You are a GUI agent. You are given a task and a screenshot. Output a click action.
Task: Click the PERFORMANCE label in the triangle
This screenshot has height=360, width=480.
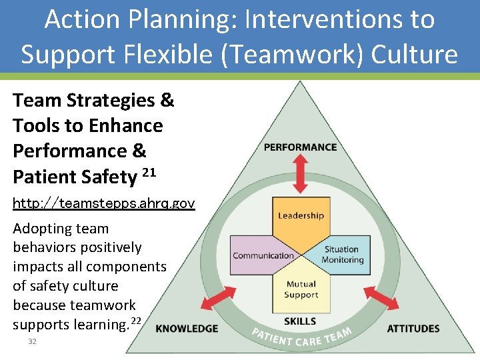(x=301, y=147)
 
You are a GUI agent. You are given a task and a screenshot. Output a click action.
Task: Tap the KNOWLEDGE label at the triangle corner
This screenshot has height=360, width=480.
(x=187, y=328)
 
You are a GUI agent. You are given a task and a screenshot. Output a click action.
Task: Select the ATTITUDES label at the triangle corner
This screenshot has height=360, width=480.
(x=413, y=328)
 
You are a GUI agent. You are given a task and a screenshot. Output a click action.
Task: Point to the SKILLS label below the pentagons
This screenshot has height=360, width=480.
(x=300, y=321)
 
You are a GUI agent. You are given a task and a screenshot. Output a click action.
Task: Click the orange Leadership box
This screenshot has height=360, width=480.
(x=301, y=220)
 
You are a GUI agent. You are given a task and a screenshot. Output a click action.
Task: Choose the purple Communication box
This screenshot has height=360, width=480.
(x=262, y=254)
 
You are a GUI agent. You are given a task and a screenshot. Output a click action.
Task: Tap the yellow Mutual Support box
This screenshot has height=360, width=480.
(x=301, y=291)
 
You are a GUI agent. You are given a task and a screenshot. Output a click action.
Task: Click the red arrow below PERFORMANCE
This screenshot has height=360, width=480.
(x=301, y=175)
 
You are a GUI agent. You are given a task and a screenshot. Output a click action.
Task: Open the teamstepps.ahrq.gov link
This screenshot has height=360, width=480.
(x=103, y=203)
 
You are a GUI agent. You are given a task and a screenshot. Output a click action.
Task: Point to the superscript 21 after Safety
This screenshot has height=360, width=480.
(x=149, y=173)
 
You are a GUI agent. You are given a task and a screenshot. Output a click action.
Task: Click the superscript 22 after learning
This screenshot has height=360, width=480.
(x=136, y=321)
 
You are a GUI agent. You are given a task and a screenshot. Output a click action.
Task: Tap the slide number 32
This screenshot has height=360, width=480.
(x=32, y=341)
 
